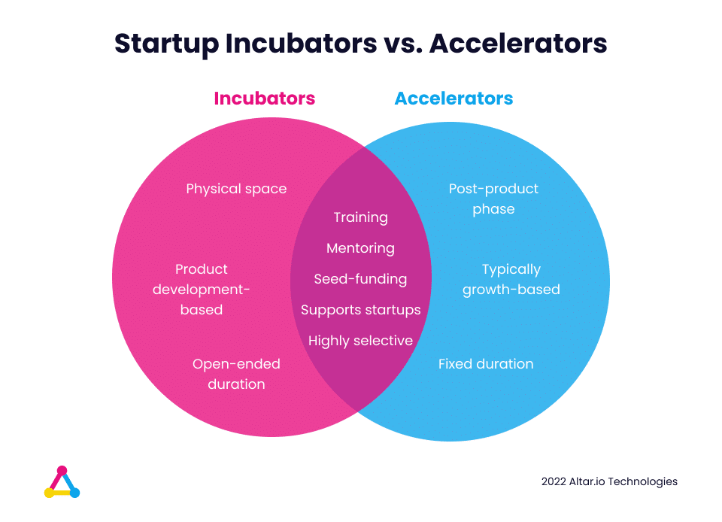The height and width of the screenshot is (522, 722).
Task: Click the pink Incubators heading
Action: [x=264, y=99]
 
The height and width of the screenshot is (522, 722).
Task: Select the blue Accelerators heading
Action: [x=454, y=99]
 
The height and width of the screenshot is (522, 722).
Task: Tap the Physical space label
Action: [x=236, y=190]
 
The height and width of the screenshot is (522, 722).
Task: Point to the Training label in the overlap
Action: [x=360, y=217]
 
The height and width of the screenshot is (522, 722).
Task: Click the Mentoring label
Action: [x=360, y=248]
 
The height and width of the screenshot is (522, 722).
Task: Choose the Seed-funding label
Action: [x=360, y=279]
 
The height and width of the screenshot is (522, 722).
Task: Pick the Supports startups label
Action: [x=360, y=310]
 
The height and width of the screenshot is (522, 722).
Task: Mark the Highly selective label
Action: [x=360, y=341]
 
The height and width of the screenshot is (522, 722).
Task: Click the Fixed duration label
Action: [x=486, y=364]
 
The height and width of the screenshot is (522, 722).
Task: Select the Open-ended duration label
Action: [x=236, y=375]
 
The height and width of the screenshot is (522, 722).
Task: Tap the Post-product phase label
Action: [x=493, y=199]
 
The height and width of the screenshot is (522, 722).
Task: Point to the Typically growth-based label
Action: [x=511, y=279]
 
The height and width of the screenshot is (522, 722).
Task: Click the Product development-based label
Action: [x=202, y=290]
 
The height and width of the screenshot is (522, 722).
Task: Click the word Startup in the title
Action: [x=167, y=44]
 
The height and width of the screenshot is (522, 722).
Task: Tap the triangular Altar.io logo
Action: [x=62, y=482]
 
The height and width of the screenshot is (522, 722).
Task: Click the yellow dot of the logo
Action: [x=49, y=493]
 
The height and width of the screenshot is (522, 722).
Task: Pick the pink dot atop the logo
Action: [x=62, y=471]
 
